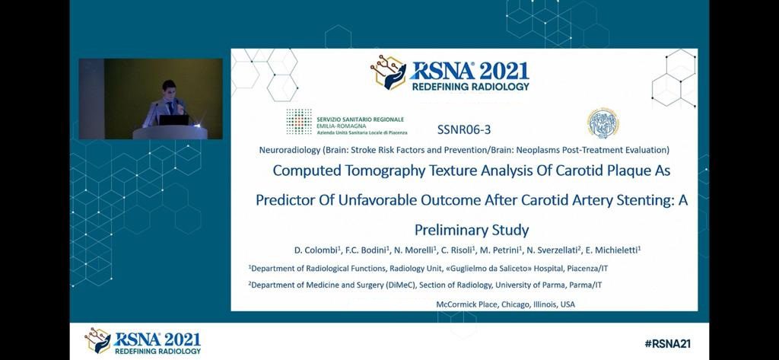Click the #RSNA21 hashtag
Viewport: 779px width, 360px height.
click(667, 343)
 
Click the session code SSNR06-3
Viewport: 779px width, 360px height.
click(464, 130)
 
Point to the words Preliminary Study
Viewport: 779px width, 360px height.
click(472, 230)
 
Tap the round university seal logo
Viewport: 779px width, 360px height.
click(603, 123)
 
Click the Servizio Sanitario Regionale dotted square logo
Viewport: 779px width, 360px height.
click(299, 122)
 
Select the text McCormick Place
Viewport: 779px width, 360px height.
click(466, 304)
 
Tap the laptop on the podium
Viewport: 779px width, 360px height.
click(173, 119)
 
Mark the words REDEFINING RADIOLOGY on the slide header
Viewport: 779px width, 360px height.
click(470, 87)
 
